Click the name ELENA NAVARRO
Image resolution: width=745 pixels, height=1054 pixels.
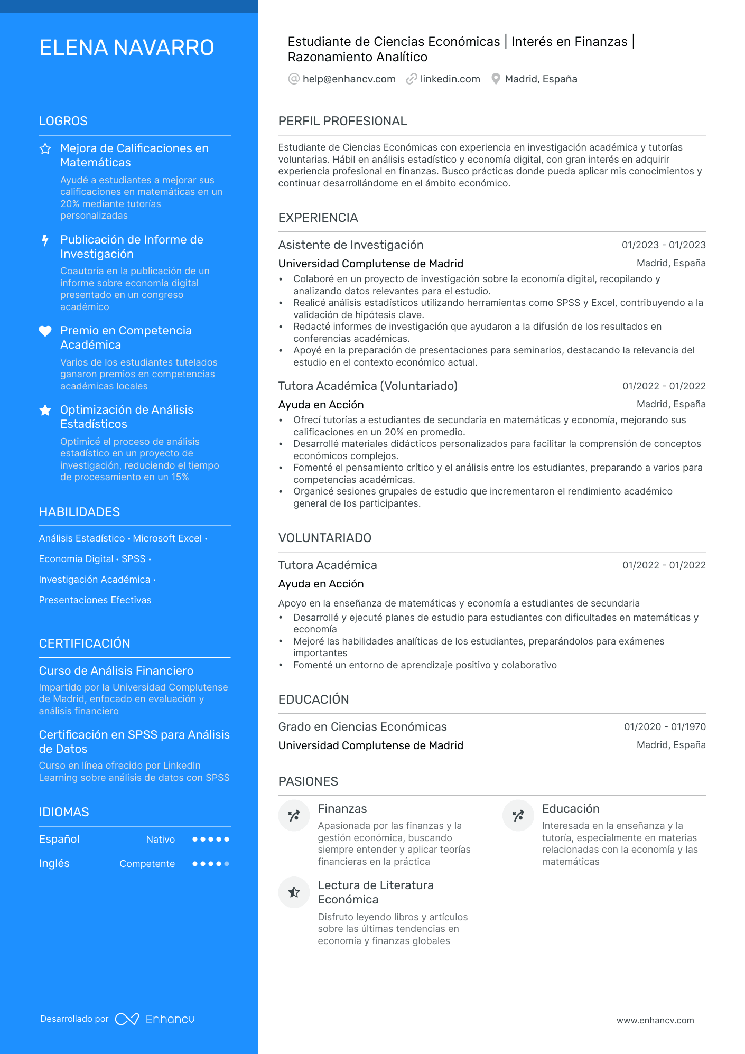point(126,48)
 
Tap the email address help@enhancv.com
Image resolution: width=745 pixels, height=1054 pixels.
point(349,79)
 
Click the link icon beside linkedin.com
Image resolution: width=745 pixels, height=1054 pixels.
point(411,79)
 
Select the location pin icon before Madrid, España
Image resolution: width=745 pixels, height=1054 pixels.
point(496,79)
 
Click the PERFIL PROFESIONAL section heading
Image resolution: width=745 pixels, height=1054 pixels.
point(342,121)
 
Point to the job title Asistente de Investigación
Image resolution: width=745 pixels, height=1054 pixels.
point(351,245)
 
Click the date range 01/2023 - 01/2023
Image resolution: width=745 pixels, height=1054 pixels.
point(663,245)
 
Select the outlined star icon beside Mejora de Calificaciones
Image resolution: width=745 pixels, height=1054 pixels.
point(45,149)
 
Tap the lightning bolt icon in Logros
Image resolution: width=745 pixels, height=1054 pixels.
point(45,240)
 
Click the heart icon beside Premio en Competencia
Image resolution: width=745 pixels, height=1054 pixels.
point(45,331)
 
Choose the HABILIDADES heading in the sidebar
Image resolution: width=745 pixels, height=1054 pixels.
point(79,512)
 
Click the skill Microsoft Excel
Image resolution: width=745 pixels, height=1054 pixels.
point(167,538)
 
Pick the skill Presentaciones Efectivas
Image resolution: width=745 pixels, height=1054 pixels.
point(95,600)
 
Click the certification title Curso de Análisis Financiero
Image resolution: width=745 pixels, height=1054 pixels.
point(116,671)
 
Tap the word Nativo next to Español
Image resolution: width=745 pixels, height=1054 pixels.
point(161,840)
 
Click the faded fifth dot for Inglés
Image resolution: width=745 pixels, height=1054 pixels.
point(227,864)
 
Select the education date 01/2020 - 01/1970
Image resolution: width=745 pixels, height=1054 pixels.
point(665,727)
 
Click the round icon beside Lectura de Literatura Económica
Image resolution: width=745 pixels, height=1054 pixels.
point(294,892)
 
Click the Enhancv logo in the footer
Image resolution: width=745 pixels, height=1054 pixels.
point(155,1019)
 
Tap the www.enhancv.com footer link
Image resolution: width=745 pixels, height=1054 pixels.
point(655,1021)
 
